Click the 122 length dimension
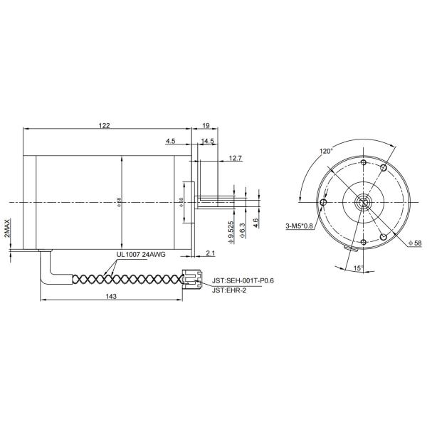[x=104, y=125]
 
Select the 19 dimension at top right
[x=206, y=125]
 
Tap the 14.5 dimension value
[x=207, y=142]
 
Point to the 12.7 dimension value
[x=236, y=157]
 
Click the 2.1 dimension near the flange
[x=211, y=253]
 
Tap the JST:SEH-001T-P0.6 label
[x=243, y=280]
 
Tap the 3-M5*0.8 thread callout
[x=299, y=226]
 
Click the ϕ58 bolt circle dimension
[x=416, y=243]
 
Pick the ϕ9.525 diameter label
[x=231, y=232]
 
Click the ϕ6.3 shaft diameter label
[x=243, y=229]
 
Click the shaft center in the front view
[x=364, y=201]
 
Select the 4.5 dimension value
[x=171, y=142]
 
